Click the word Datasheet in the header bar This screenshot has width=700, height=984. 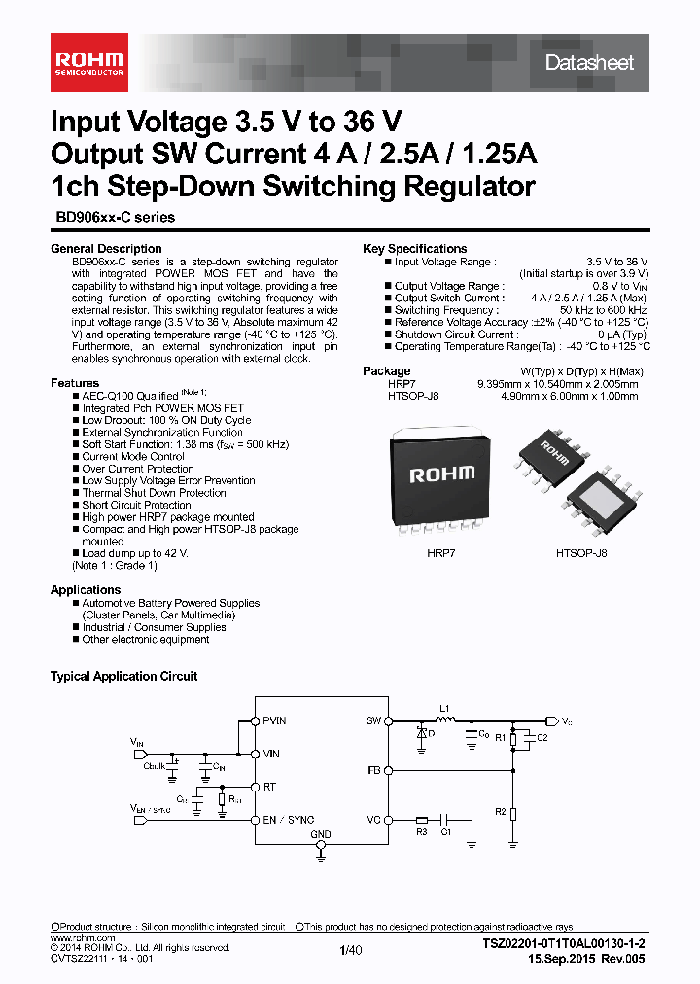click(588, 63)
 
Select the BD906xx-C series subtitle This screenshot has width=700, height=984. click(113, 218)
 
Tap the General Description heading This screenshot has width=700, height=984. click(106, 249)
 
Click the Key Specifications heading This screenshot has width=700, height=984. click(414, 249)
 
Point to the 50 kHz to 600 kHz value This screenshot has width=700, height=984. click(603, 310)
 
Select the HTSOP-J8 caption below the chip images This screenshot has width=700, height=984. click(580, 552)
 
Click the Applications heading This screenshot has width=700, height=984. click(86, 590)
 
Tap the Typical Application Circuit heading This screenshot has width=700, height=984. click(123, 676)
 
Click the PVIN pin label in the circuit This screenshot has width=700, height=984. click(274, 721)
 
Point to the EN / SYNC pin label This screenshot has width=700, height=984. click(289, 820)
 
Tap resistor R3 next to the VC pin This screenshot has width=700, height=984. click(421, 821)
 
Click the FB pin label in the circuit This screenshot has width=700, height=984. click(373, 770)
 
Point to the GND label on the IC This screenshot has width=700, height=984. click(321, 835)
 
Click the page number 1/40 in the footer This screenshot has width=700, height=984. click(350, 951)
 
